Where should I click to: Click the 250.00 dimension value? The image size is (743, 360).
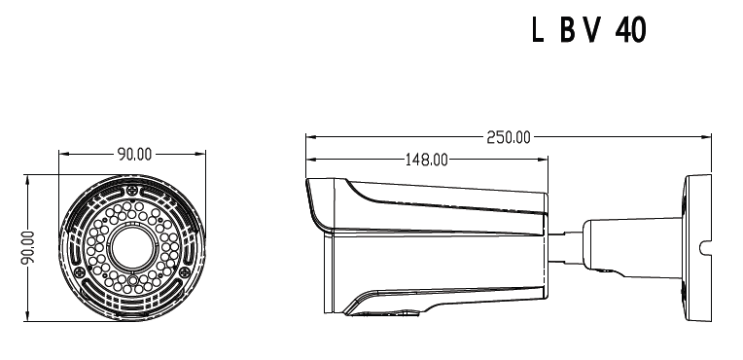click(x=509, y=137)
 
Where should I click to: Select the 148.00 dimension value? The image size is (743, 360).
click(x=427, y=160)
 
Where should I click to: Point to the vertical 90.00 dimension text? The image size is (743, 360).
click(x=28, y=246)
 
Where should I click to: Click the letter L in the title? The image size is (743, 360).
click(x=537, y=30)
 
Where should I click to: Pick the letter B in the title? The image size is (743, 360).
click(x=568, y=30)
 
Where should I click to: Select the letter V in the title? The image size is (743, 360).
click(x=593, y=30)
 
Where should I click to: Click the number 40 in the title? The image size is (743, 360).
click(x=631, y=30)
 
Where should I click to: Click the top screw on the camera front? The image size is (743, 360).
click(x=132, y=191)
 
